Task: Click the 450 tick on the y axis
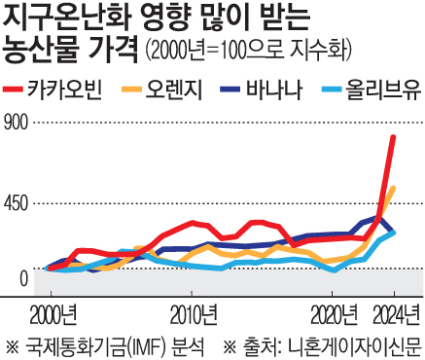click(x=18, y=201)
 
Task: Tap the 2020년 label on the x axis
click(x=336, y=314)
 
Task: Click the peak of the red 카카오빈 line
click(x=393, y=137)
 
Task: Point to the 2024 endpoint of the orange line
click(x=393, y=189)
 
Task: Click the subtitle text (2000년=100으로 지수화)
click(x=248, y=50)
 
